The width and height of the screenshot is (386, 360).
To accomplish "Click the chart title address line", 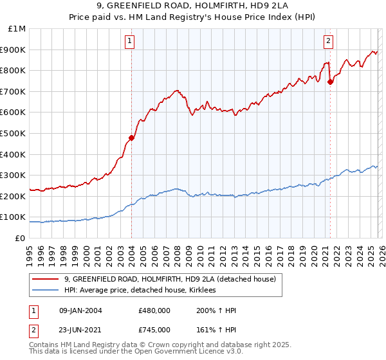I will click(192, 7).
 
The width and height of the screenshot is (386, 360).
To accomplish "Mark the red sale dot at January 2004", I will click(131, 138).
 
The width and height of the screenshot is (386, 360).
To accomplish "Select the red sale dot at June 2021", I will click(330, 82).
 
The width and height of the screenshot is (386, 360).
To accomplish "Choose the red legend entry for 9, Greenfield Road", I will click(170, 279).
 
